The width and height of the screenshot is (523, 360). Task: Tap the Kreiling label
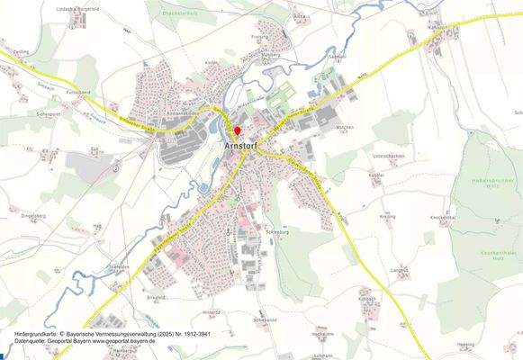click(388, 217)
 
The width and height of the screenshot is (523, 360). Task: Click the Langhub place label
click(399, 268)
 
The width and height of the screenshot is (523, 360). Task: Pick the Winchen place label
click(346, 129)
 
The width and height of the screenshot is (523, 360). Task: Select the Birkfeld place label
click(157, 296)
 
